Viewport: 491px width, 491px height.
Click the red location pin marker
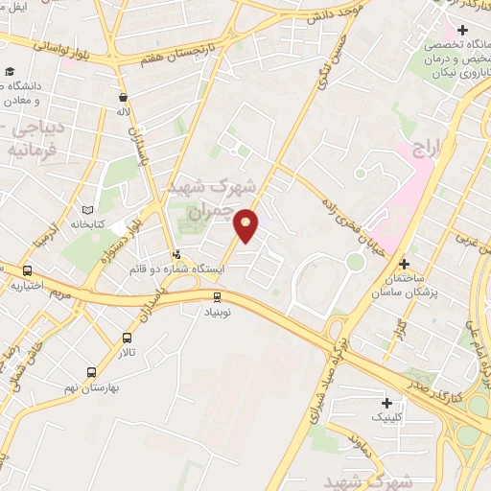pyautogui.click(x=246, y=224)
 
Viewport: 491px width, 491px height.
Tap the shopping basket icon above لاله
pyautogui.click(x=123, y=97)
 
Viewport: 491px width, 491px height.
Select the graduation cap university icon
pyautogui.click(x=10, y=72)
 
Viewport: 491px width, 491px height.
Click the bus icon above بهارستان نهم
pyautogui.click(x=91, y=371)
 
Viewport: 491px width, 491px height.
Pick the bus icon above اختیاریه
pyautogui.click(x=27, y=270)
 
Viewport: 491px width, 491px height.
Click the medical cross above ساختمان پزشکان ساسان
pyautogui.click(x=404, y=264)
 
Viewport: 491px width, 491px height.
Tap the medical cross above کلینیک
pyautogui.click(x=387, y=403)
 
